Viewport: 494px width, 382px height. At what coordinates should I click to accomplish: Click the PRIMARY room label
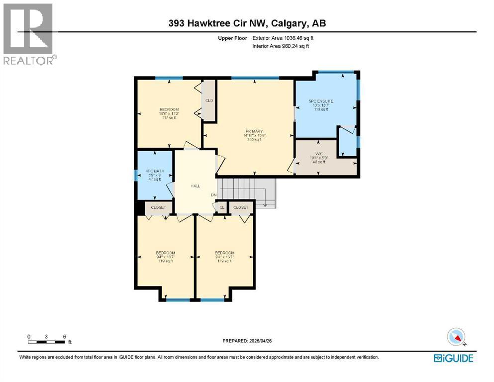pos(253,130)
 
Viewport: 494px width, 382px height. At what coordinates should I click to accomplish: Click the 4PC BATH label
pos(154,172)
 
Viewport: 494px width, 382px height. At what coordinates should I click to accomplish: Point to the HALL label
pos(195,186)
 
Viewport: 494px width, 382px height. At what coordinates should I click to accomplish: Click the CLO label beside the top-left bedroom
pos(209,100)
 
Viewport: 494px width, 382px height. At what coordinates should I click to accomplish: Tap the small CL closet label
pos(221,207)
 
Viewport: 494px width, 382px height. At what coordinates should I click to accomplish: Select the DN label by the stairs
pos(213,194)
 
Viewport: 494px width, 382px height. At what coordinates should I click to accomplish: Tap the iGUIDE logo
pos(453,358)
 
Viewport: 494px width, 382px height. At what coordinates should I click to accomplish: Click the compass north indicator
pos(456,337)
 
